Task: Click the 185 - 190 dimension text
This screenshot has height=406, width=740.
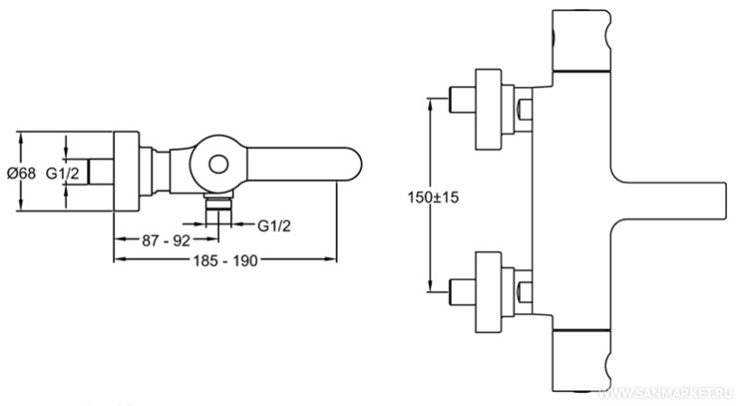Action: pos(223,260)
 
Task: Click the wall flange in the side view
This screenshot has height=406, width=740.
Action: pos(125,172)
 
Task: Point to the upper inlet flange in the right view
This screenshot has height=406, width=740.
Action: pos(490,108)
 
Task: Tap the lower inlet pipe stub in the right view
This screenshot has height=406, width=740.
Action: pos(461,285)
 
